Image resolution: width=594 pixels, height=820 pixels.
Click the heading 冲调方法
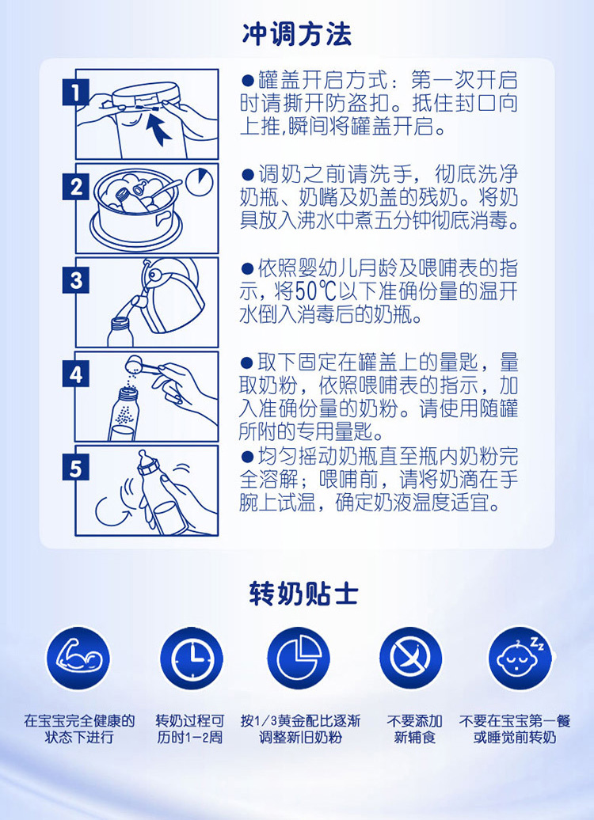[297, 34]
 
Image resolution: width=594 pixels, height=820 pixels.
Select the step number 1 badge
[76, 93]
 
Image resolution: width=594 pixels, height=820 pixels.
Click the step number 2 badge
[76, 187]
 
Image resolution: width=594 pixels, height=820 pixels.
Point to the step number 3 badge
[76, 281]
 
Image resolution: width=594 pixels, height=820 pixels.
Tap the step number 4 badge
[76, 374]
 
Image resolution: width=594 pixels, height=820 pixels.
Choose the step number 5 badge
[76, 467]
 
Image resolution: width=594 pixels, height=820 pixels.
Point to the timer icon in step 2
[200, 180]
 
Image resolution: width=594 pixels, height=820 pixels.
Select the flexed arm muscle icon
[78, 659]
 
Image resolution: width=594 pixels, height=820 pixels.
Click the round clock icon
[192, 659]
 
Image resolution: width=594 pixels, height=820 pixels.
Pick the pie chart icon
[299, 659]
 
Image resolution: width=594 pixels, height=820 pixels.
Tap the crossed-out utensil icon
[411, 659]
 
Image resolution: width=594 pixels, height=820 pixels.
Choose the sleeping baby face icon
[520, 659]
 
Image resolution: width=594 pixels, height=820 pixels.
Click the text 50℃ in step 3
[315, 291]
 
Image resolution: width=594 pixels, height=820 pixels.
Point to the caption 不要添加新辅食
[414, 730]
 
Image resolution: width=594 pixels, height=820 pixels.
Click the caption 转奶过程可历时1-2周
[190, 730]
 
